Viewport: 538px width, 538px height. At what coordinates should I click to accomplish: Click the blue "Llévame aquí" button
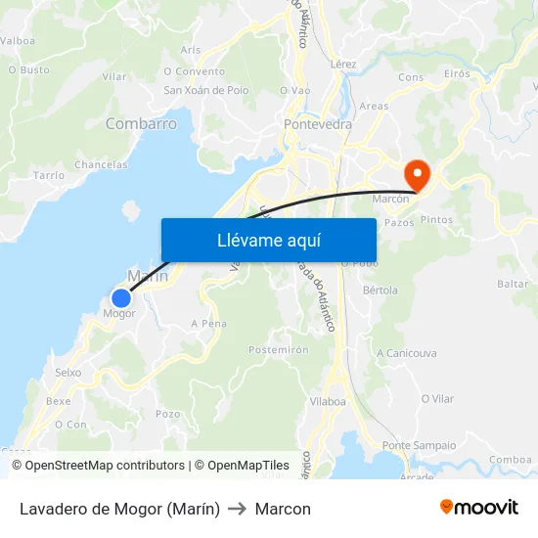pos(268,240)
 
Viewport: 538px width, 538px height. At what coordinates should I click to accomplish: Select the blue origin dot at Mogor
pos(120,298)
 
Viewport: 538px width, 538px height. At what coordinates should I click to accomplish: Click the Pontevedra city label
pos(317,125)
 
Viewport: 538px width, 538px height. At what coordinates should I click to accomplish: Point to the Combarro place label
pos(141,124)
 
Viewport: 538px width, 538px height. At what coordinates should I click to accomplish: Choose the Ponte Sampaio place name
pos(419,445)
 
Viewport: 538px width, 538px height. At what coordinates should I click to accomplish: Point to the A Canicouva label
pos(406,353)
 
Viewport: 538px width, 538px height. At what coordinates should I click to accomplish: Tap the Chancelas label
pos(101,164)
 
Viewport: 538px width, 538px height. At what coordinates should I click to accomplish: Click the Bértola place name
pos(381,291)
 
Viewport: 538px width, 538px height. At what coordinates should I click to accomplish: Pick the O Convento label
pos(194,70)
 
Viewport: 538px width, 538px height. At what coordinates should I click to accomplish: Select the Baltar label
pos(513,284)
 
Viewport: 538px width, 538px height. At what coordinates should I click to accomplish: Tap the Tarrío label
pos(49,174)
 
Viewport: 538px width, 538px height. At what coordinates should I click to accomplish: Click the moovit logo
pos(478,508)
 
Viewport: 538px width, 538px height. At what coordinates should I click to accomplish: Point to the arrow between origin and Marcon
pos(238,509)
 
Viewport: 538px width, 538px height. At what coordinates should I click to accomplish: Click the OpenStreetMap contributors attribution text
pos(98,466)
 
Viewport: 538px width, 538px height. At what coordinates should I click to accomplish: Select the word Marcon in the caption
pos(283,509)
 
